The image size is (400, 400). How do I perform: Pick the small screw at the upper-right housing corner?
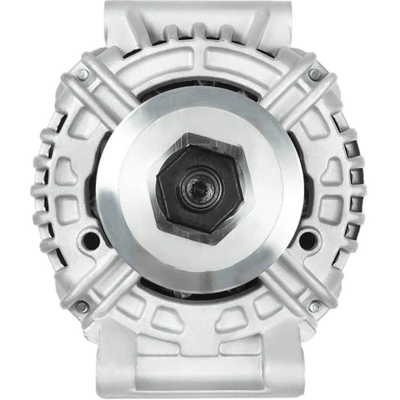pos(315,74)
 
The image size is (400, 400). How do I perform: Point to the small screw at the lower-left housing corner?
pos(81,306)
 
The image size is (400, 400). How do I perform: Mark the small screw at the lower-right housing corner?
pos(315,306)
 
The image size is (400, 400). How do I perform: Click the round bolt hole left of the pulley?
pos(91,239)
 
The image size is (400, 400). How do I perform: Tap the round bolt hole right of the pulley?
pos(307,239)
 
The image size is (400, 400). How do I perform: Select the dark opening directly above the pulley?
pos(200,90)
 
